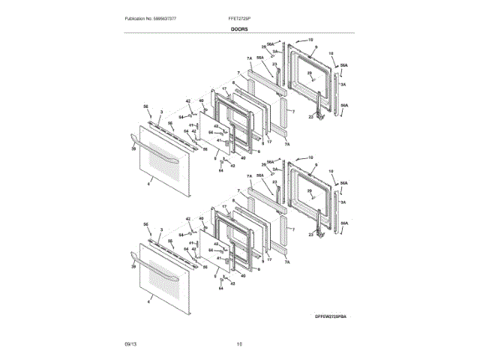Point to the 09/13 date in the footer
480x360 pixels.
pos(130,343)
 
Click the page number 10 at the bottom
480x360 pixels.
pos(240,343)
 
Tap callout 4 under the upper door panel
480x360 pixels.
pos(148,184)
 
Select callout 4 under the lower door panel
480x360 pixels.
pos(148,301)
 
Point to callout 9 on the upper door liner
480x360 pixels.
pos(316,47)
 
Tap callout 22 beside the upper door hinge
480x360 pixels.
pos(310,117)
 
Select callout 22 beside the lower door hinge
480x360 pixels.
pos(310,235)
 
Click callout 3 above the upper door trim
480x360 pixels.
pos(161,111)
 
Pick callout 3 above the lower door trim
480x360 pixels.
pos(161,229)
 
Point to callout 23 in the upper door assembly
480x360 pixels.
pos(275,64)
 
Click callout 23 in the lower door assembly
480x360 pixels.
pos(275,182)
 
